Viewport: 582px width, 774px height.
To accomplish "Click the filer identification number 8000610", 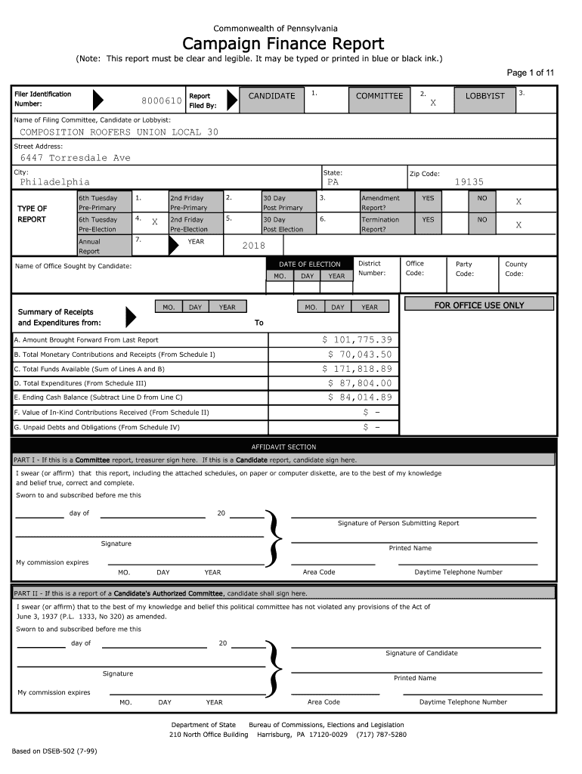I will pos(161,101).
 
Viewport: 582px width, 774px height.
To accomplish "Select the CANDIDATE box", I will pos(271,96).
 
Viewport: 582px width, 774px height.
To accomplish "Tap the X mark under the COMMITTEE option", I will pos(433,103).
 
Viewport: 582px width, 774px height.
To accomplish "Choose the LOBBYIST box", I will pos(484,96).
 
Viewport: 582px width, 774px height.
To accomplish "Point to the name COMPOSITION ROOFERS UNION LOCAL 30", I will pos(119,132).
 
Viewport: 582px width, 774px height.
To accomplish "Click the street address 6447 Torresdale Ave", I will pos(75,158).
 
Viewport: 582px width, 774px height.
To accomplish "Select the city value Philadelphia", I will pos(54,182).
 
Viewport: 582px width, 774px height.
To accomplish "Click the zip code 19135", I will pos(469,182).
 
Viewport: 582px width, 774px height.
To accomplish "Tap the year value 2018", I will pos(253,246).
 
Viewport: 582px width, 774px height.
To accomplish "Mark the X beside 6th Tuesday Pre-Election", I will pos(154,222).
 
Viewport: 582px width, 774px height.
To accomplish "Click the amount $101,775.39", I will pos(358,340).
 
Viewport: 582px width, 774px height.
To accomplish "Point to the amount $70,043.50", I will pos(360,354).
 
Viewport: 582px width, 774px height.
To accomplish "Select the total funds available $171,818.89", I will pos(358,369).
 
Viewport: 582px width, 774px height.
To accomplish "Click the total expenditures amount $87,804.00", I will pos(360,383).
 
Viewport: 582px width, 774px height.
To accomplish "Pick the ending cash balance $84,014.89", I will pos(360,398).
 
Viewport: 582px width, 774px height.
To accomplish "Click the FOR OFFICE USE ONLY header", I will pos(479,305).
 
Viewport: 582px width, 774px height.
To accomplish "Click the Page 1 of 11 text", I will pos(530,73).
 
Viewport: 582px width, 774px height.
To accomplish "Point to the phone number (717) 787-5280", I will pos(382,735).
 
